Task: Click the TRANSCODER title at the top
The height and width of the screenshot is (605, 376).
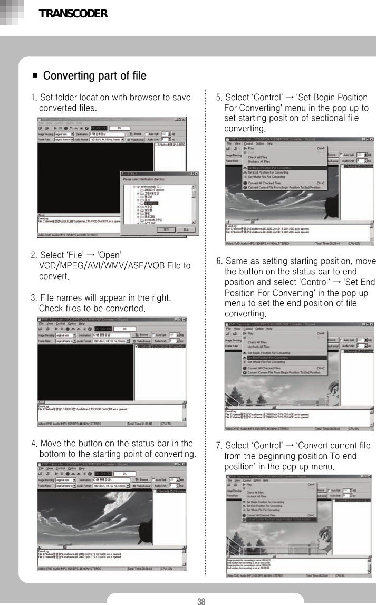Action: tap(73, 14)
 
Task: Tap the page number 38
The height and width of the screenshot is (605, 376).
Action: tap(201, 601)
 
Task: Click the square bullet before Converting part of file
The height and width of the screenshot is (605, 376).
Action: tap(35, 76)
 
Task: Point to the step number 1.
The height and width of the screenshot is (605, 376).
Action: tap(34, 98)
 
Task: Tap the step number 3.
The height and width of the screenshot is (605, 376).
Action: tap(34, 297)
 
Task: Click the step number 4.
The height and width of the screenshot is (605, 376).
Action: tap(34, 444)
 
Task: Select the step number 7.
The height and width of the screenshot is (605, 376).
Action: tap(219, 446)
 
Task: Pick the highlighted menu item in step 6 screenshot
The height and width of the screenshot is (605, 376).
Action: tap(269, 357)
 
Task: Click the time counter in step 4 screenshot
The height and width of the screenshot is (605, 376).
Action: tap(102, 473)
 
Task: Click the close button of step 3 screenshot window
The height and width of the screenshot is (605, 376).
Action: tap(184, 320)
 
